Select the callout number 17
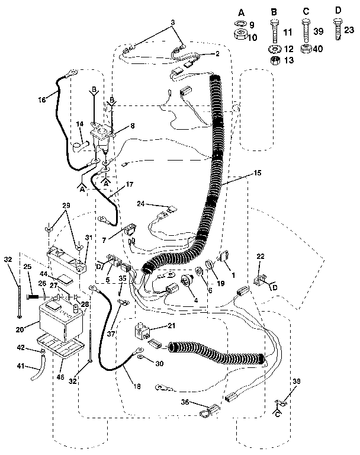(130, 184)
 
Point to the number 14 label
(79, 124)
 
